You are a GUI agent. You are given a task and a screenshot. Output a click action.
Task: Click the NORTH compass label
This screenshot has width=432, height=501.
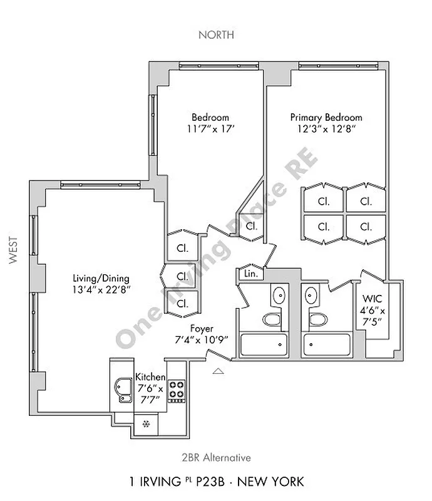216,34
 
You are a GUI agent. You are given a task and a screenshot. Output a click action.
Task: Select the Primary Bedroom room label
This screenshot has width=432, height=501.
326,117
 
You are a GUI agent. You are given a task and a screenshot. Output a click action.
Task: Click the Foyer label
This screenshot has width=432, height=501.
202,328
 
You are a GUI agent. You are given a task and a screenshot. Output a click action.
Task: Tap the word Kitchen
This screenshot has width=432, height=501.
150,377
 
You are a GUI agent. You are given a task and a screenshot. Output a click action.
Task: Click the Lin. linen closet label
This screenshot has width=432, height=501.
250,274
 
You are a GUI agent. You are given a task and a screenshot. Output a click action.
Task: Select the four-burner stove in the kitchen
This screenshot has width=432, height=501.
177,390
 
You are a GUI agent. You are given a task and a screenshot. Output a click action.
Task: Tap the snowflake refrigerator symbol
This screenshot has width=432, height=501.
147,425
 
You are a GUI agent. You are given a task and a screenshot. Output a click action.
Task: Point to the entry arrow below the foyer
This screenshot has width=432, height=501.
218,371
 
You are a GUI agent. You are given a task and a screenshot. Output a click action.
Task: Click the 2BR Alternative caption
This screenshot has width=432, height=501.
216,458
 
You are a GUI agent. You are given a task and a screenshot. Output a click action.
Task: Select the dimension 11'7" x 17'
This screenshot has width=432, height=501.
210,129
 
